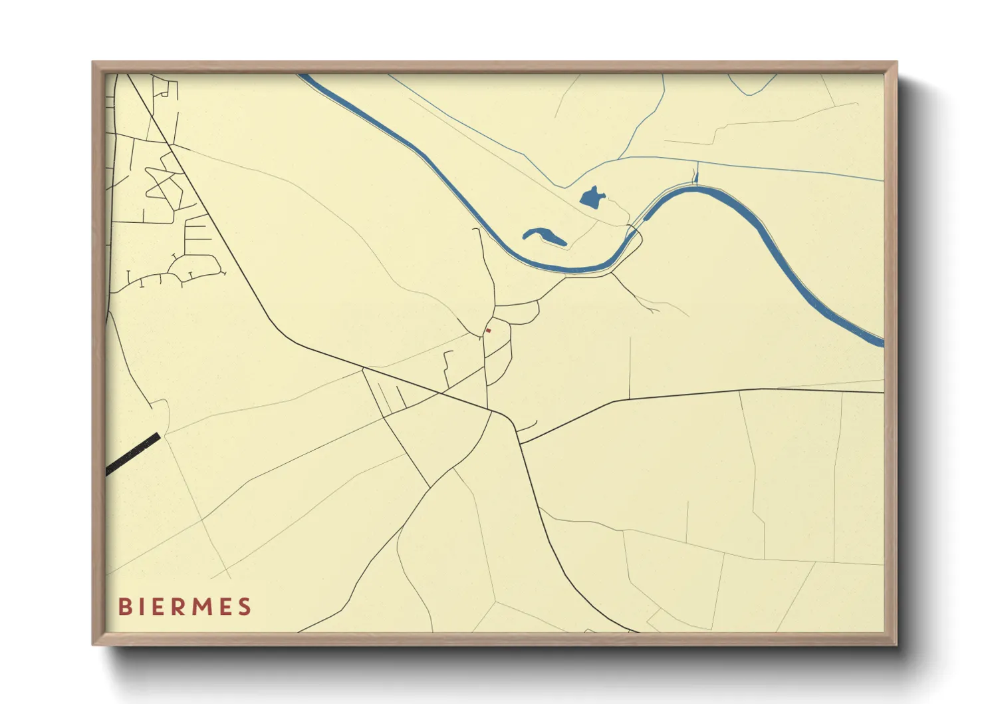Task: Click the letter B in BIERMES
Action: click(124, 607)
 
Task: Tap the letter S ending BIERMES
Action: click(245, 607)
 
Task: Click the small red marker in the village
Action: click(488, 330)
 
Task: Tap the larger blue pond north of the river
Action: click(591, 197)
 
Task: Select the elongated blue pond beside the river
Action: click(545, 236)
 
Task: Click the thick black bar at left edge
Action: click(133, 454)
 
